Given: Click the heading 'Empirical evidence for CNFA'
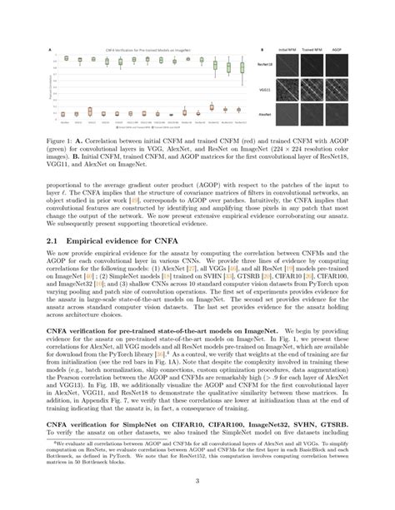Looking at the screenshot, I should (134, 217).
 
